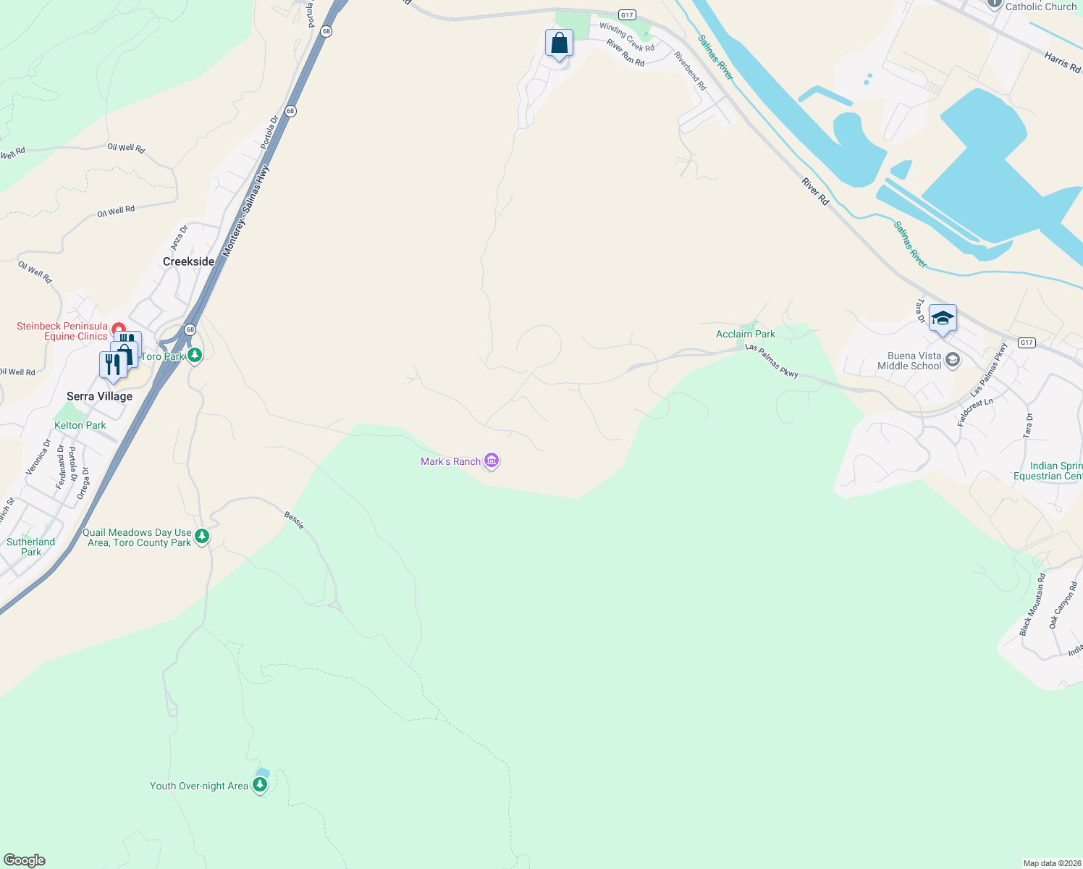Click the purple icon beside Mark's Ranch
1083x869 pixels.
click(x=492, y=461)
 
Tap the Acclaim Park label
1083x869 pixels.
click(x=745, y=334)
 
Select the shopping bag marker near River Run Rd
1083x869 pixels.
click(x=559, y=43)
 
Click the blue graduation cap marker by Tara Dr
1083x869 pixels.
click(x=943, y=319)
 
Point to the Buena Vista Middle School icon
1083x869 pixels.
click(x=953, y=360)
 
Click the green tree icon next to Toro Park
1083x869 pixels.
click(x=194, y=356)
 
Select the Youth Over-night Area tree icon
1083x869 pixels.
click(x=260, y=785)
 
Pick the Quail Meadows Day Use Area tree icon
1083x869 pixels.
click(x=202, y=537)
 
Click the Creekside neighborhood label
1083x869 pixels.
click(x=188, y=261)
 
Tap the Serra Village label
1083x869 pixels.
click(x=99, y=396)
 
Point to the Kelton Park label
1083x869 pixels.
click(x=80, y=425)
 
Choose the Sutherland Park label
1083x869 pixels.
click(x=30, y=547)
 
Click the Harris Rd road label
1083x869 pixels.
click(x=1062, y=62)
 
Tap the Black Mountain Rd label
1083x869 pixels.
click(x=1032, y=605)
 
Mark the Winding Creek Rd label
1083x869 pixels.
click(x=627, y=37)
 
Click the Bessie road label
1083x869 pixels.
click(x=294, y=519)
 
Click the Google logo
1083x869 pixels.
click(x=24, y=860)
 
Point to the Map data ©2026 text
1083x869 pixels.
click(x=1052, y=863)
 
